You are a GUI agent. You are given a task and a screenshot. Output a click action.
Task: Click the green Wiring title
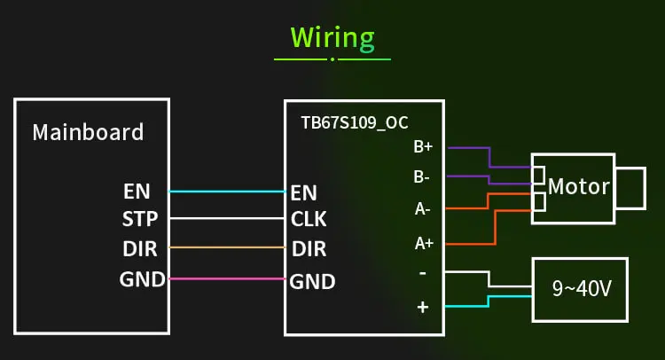click(332, 39)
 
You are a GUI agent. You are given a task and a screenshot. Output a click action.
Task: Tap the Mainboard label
click(88, 132)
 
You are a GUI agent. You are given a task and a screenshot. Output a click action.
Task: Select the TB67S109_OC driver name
click(355, 123)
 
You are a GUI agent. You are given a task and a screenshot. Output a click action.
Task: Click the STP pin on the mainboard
click(140, 219)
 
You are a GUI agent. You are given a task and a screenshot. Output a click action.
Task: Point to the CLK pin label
click(309, 219)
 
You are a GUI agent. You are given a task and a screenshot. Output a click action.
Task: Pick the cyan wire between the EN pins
click(227, 192)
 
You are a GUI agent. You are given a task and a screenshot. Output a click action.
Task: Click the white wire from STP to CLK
click(227, 218)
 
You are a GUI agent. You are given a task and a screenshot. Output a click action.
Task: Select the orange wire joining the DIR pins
click(227, 247)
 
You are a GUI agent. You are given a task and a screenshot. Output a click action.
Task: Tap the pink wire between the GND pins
click(227, 278)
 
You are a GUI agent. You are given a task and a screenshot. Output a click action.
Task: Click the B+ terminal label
click(423, 146)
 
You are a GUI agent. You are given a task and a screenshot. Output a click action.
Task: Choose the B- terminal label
click(421, 176)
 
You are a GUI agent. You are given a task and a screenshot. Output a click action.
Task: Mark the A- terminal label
click(422, 208)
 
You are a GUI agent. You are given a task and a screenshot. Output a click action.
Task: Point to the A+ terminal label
click(424, 243)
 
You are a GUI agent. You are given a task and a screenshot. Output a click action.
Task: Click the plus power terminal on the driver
click(422, 307)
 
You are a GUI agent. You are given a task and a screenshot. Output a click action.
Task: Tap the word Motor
click(578, 186)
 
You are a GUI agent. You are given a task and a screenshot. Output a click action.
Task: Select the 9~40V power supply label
click(582, 289)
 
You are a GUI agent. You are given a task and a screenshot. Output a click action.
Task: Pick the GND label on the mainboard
click(142, 279)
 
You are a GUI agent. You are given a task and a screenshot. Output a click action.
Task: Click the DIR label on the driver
click(309, 249)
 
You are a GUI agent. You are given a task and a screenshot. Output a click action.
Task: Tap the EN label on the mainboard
click(137, 192)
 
